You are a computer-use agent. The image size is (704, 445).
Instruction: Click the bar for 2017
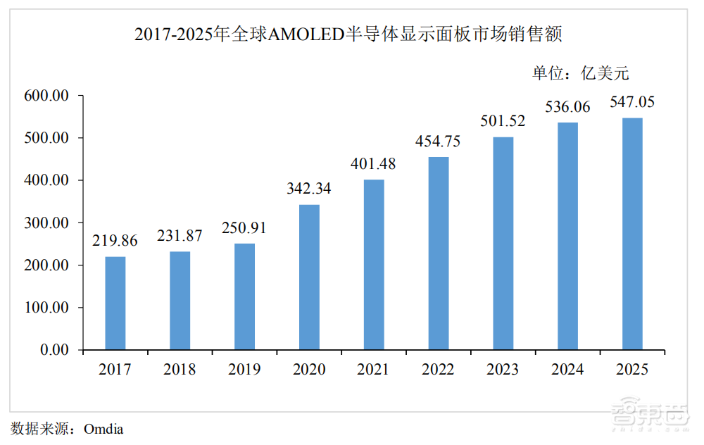(115, 303)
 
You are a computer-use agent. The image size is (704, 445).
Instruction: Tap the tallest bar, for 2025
(632, 234)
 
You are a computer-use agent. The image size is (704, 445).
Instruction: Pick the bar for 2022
(439, 253)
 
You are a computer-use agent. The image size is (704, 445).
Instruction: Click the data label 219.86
(115, 241)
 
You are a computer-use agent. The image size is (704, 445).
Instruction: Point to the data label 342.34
(309, 189)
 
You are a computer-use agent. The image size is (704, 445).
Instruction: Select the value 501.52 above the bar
(503, 121)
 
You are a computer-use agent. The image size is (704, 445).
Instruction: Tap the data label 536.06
(567, 106)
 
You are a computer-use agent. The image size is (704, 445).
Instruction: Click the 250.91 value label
(244, 227)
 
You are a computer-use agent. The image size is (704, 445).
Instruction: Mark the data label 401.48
(374, 164)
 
